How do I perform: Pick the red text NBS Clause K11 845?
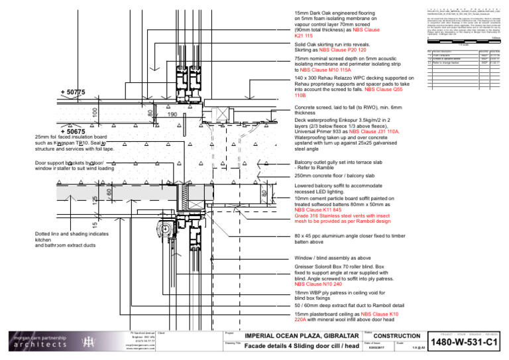click(x=322, y=210)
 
